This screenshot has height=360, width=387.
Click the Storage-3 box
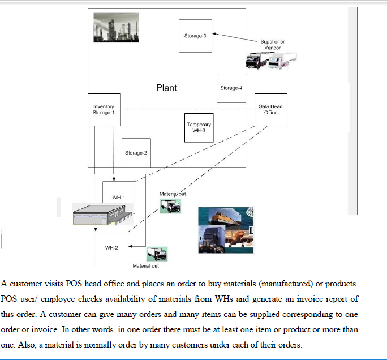click(195, 36)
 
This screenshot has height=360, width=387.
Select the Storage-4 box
click(231, 88)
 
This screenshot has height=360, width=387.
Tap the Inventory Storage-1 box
click(104, 110)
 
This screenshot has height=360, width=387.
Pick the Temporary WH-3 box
click(199, 127)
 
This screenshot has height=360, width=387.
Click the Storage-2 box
click(136, 153)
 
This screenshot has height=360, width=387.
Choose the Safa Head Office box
click(270, 109)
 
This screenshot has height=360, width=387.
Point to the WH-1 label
click(118, 197)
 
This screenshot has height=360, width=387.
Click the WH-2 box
click(111, 248)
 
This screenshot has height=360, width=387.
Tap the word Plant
click(166, 88)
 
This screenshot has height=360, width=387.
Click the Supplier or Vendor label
click(273, 45)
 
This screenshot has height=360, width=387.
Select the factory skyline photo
click(116, 27)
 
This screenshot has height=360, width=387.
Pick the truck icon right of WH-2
click(157, 254)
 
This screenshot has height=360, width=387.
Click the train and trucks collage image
click(225, 230)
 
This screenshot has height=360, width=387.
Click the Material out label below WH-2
click(145, 265)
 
